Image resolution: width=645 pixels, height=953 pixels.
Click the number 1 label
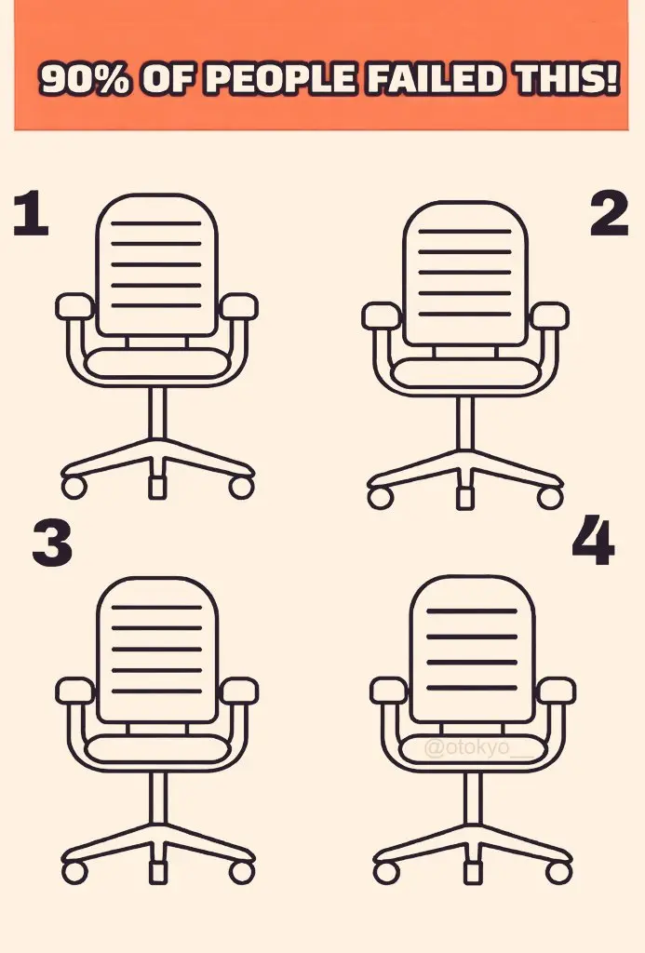click(x=31, y=213)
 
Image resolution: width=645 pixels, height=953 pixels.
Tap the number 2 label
click(x=609, y=213)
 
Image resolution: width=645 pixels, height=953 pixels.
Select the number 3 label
click(x=52, y=544)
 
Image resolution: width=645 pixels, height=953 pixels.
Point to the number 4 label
click(x=593, y=540)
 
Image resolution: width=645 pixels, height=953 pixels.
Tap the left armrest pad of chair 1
click(x=74, y=306)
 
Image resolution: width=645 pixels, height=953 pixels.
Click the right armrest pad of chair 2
click(x=549, y=316)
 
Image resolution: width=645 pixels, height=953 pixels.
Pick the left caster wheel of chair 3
click(x=74, y=872)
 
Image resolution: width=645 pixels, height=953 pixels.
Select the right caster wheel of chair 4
click(x=558, y=872)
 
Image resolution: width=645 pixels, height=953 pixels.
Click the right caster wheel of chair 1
click(x=241, y=487)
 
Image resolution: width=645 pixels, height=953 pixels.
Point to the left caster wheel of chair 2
click(x=381, y=497)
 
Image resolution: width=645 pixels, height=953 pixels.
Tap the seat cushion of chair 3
click(x=157, y=748)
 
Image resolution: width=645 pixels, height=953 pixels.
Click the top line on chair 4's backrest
click(x=472, y=611)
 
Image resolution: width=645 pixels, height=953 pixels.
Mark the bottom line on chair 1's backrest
click(x=156, y=305)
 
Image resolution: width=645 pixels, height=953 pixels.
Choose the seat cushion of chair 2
click(x=465, y=373)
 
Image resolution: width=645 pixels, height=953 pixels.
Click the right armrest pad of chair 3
click(x=239, y=691)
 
